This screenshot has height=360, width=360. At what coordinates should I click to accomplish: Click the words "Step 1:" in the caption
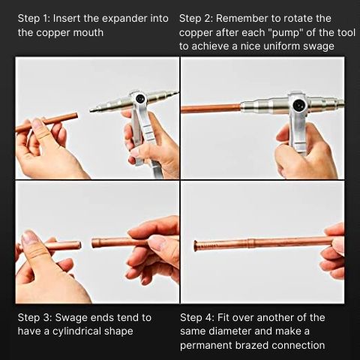(x=34, y=19)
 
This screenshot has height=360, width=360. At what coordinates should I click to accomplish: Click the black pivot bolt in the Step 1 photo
(x=139, y=98)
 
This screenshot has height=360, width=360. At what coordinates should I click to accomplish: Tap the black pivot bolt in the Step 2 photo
(x=298, y=106)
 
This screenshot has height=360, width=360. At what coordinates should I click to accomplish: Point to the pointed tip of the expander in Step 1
(x=91, y=110)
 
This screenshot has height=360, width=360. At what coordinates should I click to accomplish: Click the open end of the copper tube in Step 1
(x=76, y=116)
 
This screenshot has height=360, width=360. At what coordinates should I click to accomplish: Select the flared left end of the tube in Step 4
(x=196, y=245)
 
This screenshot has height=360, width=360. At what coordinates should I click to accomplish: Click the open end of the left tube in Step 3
(x=79, y=244)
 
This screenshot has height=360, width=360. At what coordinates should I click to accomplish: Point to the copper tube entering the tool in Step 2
(x=211, y=109)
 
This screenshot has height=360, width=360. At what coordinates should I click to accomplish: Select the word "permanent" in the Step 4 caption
(x=206, y=346)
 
